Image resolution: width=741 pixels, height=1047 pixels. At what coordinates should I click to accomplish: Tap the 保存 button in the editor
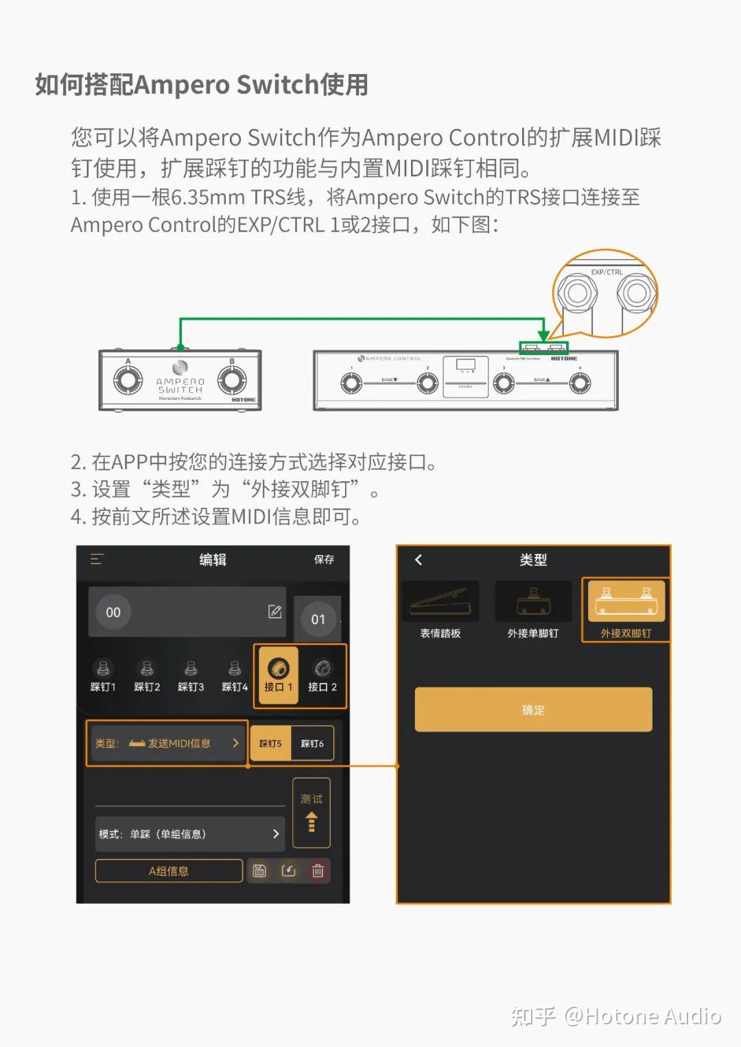pos(324,559)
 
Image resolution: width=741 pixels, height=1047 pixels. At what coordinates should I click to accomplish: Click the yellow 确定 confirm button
pos(533,710)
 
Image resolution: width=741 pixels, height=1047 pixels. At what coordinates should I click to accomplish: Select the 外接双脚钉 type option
pos(625,610)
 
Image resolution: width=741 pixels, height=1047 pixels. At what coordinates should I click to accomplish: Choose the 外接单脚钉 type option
pos(533,610)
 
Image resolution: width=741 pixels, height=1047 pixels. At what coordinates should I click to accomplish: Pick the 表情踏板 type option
pos(440,610)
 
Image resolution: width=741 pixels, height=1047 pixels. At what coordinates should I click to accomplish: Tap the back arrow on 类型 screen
pos(419,559)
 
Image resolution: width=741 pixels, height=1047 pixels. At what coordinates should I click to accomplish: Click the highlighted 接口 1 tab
pos(278,675)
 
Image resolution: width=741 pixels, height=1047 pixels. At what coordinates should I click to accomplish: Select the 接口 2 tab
pos(322,675)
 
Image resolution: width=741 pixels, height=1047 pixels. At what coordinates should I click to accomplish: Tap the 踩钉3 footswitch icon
pos(191,675)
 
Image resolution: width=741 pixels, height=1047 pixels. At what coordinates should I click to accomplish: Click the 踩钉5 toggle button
pos(270,743)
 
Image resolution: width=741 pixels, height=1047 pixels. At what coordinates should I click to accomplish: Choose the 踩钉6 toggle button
pos(312,743)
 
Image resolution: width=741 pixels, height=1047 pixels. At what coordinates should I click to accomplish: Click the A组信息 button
pos(169,871)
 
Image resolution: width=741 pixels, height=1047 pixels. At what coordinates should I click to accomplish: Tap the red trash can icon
pos(318,871)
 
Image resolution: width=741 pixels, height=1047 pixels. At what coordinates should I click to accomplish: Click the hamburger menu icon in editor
pos(97,559)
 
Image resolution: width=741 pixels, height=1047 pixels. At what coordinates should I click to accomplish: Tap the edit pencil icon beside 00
pos(274,612)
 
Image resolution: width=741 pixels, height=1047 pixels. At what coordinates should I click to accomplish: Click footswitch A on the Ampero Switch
pos(128,381)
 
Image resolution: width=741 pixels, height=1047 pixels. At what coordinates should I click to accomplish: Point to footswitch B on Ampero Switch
pos(232,381)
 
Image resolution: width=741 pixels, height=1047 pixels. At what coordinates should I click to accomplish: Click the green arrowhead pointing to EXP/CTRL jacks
pos(543,335)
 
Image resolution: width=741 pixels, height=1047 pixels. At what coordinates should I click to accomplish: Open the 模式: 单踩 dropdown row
pos(189,834)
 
